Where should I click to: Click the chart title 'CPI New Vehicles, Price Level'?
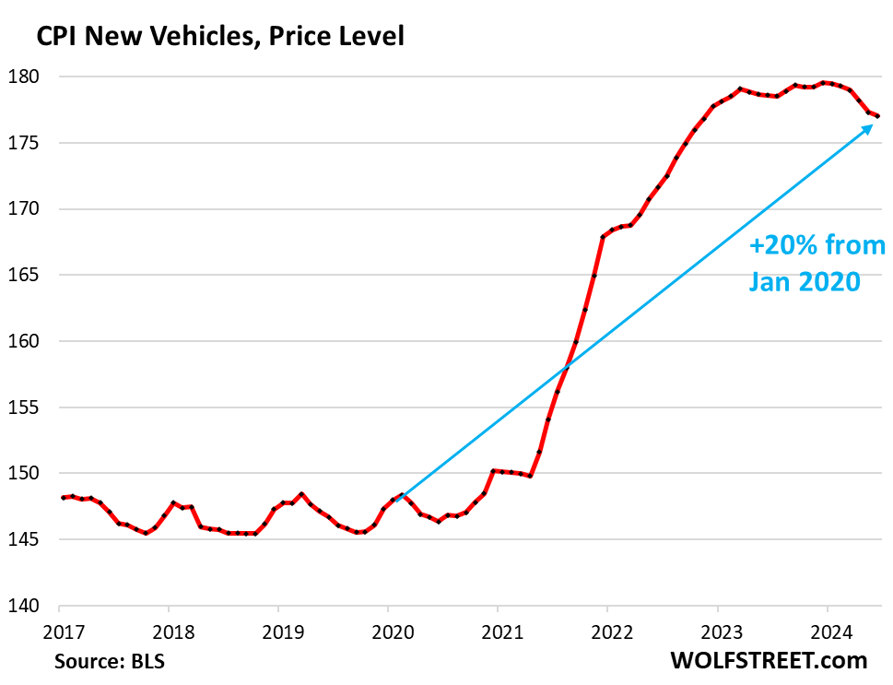tap(219, 37)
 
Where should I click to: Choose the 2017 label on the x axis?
tap(59, 634)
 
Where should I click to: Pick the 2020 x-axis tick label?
tap(388, 634)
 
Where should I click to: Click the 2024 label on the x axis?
tap(827, 634)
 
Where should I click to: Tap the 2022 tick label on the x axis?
tap(607, 634)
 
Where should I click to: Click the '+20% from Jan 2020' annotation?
tap(816, 263)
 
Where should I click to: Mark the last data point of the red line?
tap(878, 116)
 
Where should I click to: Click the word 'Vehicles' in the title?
tap(202, 37)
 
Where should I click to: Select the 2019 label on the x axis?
tap(278, 634)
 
